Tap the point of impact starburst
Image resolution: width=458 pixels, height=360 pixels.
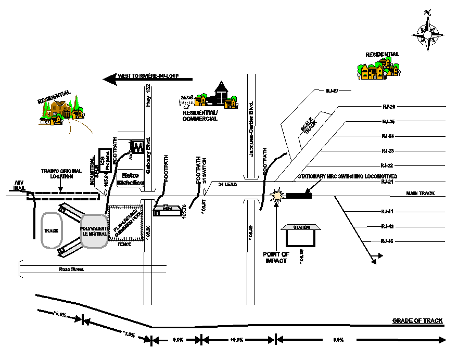[x=276, y=196]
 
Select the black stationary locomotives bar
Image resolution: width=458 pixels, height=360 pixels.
[x=299, y=196]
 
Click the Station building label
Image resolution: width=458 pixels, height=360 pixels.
[x=301, y=227]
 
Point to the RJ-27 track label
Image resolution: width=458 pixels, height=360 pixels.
[x=332, y=91]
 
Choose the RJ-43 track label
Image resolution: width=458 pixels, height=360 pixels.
[x=387, y=241]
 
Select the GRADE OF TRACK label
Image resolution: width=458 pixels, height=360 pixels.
[x=417, y=320]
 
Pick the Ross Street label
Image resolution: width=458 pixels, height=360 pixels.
[x=71, y=269]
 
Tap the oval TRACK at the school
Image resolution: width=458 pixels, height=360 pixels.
[x=51, y=230]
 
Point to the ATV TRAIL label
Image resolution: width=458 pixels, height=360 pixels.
[x=19, y=184]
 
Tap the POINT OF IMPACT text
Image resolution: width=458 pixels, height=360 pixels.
[x=276, y=257]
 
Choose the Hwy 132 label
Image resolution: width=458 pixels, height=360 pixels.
[x=147, y=94]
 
